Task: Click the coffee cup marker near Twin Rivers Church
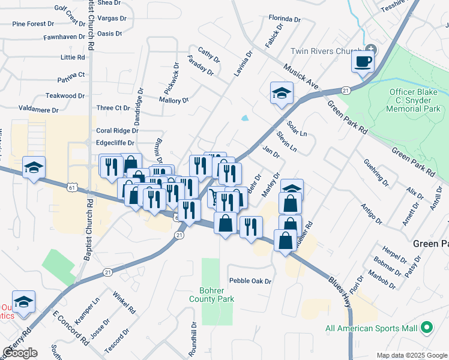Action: pyautogui.click(x=363, y=62)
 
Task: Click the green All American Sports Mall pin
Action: pyautogui.click(x=427, y=328)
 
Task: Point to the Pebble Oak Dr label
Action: pyautogui.click(x=250, y=281)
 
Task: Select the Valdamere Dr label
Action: pyautogui.click(x=38, y=110)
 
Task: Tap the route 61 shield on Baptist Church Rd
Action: pyautogui.click(x=72, y=188)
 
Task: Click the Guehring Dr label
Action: pyautogui.click(x=376, y=172)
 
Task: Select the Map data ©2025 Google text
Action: pyautogui.click(x=411, y=355)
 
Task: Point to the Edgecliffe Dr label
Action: pyautogui.click(x=115, y=143)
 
